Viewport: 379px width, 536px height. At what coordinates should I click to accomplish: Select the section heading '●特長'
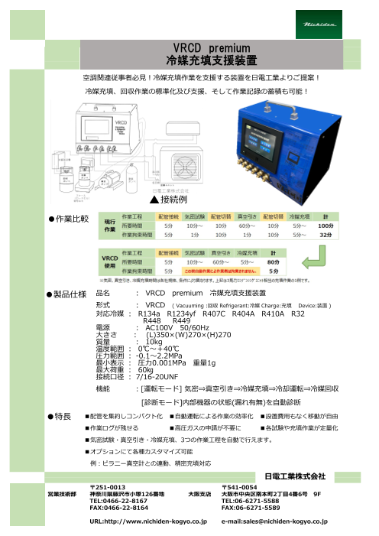tap(59, 416)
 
